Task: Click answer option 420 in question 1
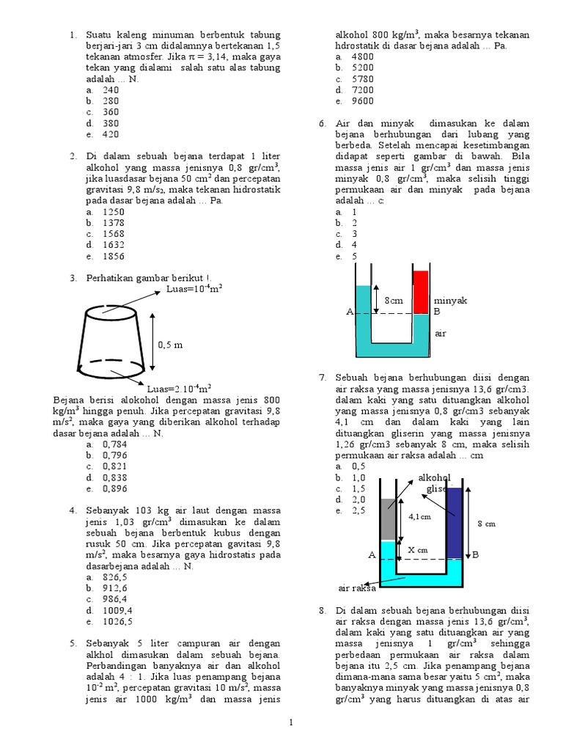click(111, 134)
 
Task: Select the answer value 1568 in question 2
click(114, 234)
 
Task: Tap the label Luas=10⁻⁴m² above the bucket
click(194, 288)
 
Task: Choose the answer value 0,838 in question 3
click(115, 477)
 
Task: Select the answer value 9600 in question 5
click(362, 101)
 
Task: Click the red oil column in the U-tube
click(420, 292)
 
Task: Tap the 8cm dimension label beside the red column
click(394, 301)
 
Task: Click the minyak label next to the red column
click(450, 301)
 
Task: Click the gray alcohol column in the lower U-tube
click(389, 519)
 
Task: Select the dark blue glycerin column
click(455, 522)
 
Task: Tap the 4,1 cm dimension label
click(420, 516)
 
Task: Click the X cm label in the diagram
click(417, 549)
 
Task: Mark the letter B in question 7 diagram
click(475, 556)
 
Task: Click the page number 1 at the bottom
click(291, 723)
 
